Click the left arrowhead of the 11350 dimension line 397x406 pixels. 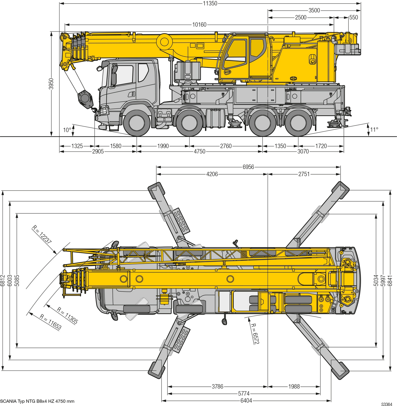coord(61,4)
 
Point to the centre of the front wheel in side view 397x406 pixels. coord(137,123)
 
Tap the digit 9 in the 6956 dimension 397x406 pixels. coord(245,167)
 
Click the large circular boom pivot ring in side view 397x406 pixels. coord(164,41)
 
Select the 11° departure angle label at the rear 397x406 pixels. coord(374,129)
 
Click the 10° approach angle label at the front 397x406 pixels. coord(67,130)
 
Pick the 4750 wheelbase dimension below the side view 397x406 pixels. coord(200,151)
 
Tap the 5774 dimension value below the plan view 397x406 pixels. coord(244,394)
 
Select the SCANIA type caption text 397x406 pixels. coord(37,401)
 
